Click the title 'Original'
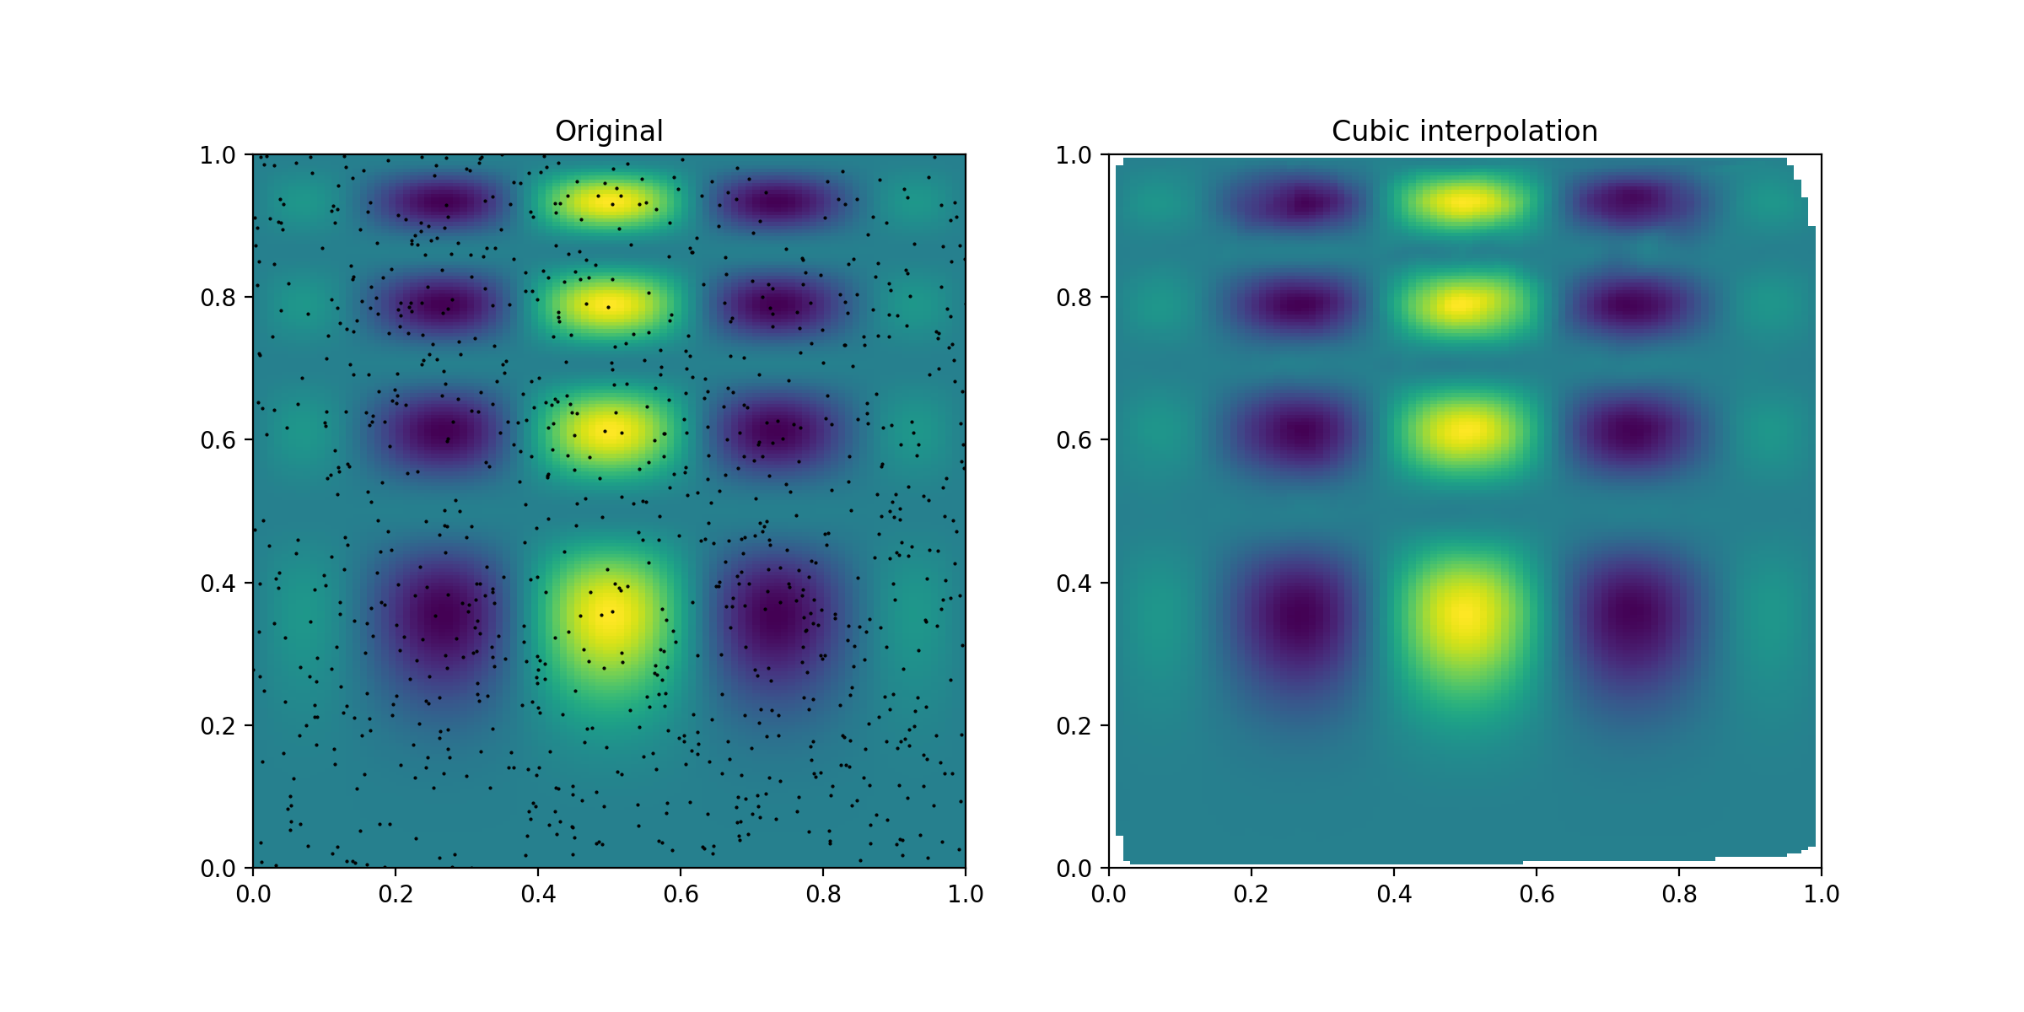pyautogui.click(x=609, y=131)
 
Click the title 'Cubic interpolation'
pyautogui.click(x=1465, y=131)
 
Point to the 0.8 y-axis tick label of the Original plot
pyautogui.click(x=218, y=298)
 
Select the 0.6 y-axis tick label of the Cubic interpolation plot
pyautogui.click(x=1074, y=440)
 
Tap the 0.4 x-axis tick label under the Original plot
pyautogui.click(x=538, y=894)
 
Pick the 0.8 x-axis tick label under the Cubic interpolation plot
pyautogui.click(x=1679, y=894)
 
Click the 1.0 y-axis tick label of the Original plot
pyautogui.click(x=218, y=155)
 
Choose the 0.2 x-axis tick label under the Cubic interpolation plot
pyautogui.click(x=1252, y=894)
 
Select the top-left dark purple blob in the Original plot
pyautogui.click(x=447, y=202)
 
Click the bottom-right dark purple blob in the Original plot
pyautogui.click(x=778, y=620)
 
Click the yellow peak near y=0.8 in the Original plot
pyautogui.click(x=607, y=305)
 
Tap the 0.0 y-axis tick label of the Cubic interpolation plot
pyautogui.click(x=1074, y=869)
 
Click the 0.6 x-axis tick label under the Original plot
pyautogui.click(x=681, y=894)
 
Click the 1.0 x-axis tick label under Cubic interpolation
pyautogui.click(x=1822, y=894)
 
